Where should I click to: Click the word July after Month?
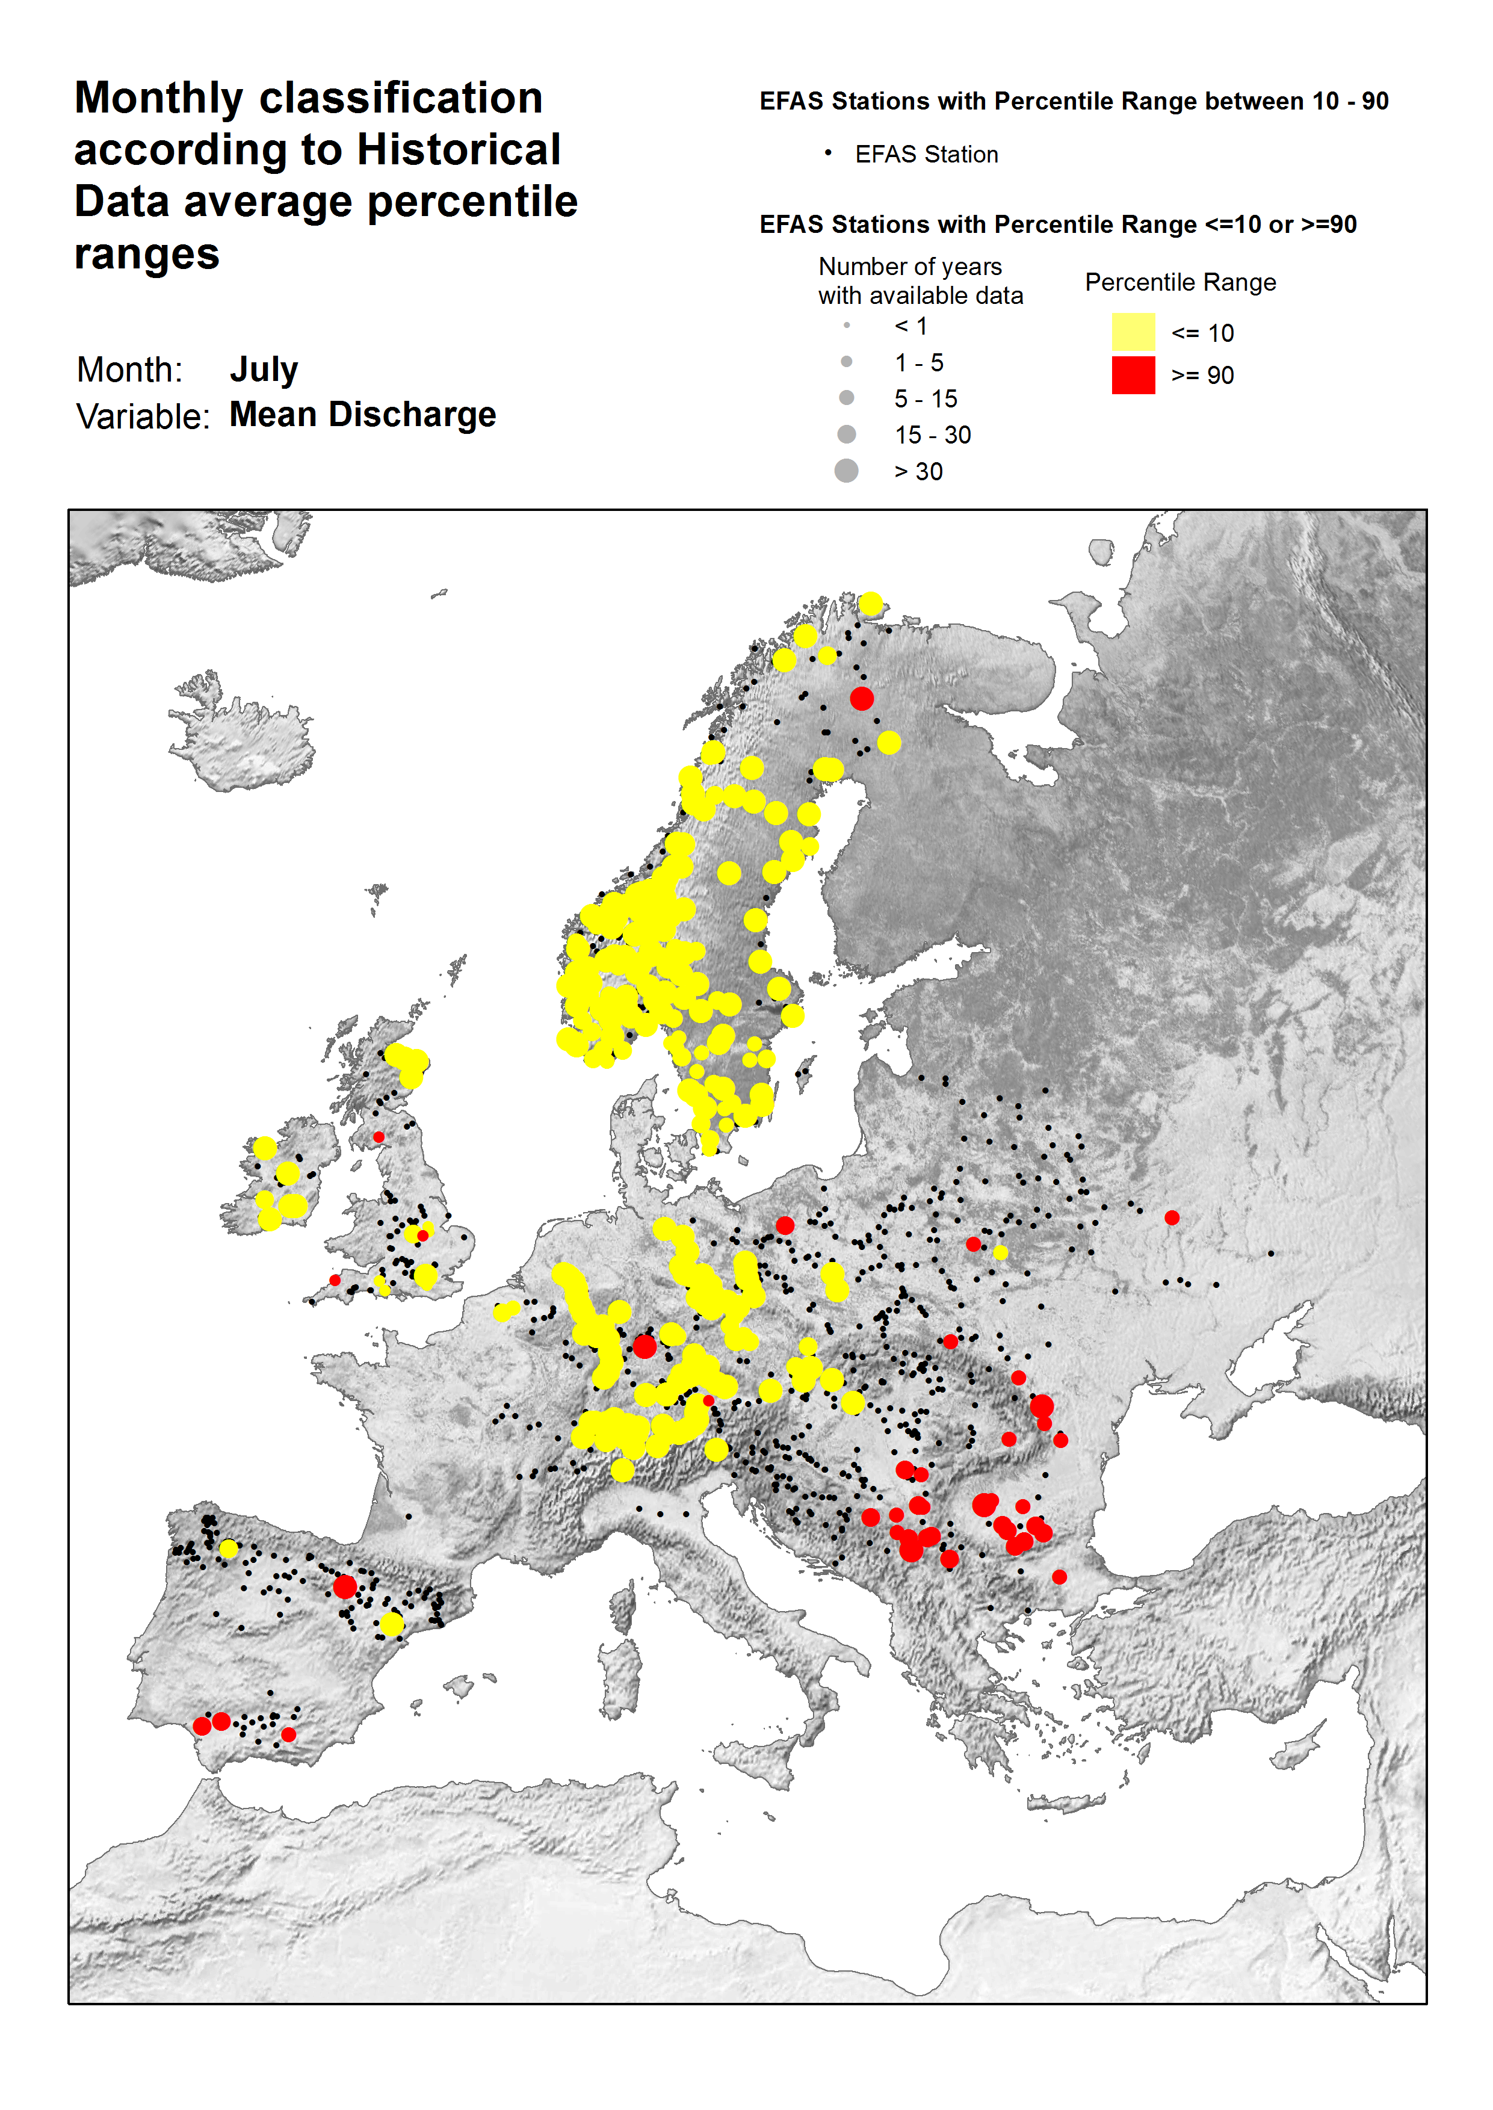pyautogui.click(x=263, y=370)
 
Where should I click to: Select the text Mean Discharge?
pyautogui.click(x=362, y=415)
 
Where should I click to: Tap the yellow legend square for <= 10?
pyautogui.click(x=1133, y=332)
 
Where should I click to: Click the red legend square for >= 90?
pyautogui.click(x=1133, y=375)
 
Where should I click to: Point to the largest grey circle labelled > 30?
pyautogui.click(x=845, y=471)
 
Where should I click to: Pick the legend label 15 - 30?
pyautogui.click(x=932, y=435)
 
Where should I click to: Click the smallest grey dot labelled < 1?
pyautogui.click(x=845, y=326)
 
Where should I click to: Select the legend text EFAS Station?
pyautogui.click(x=926, y=155)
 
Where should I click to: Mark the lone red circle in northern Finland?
pyautogui.click(x=861, y=699)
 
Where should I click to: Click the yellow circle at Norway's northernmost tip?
pyautogui.click(x=871, y=604)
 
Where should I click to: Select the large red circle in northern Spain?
pyautogui.click(x=345, y=1586)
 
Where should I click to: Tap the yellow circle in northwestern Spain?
pyautogui.click(x=229, y=1549)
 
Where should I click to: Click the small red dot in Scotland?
pyautogui.click(x=378, y=1137)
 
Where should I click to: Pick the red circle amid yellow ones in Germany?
pyautogui.click(x=644, y=1347)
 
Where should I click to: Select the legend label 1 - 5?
pyautogui.click(x=918, y=362)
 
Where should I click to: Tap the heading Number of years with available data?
pyautogui.click(x=920, y=280)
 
